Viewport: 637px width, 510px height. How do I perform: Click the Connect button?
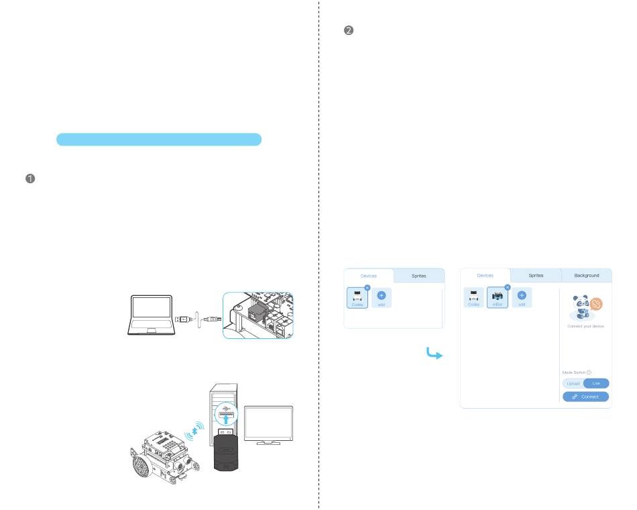point(585,397)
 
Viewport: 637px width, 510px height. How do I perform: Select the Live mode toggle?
point(596,383)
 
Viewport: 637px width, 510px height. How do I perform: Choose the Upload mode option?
point(573,383)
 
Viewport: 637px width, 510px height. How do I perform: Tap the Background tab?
point(586,275)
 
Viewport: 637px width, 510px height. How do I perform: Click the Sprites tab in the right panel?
point(536,275)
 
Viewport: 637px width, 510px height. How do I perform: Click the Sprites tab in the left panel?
point(418,276)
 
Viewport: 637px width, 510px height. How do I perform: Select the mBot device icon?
point(498,298)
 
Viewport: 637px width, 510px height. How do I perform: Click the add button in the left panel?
point(381,298)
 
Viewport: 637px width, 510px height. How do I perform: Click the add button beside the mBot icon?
point(522,298)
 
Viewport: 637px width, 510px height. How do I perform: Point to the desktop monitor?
point(268,425)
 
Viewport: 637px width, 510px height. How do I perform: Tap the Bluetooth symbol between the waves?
point(197,427)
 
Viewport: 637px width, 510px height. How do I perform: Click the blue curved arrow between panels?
point(435,353)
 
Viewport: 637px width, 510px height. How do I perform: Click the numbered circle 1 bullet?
point(30,179)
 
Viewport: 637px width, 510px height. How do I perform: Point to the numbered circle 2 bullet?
point(349,31)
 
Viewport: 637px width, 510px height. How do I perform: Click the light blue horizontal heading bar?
point(158,139)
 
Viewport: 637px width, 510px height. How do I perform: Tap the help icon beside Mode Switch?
point(589,372)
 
